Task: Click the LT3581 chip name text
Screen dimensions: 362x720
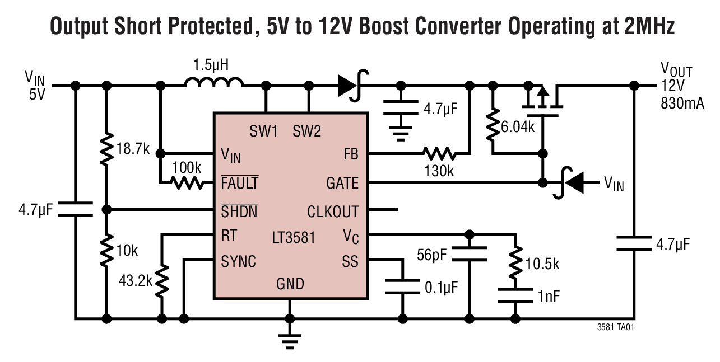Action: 293,237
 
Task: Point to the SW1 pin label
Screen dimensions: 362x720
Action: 263,132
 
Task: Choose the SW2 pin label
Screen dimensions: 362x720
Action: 307,132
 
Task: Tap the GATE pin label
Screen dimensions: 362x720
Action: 342,183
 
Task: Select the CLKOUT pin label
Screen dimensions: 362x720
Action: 333,211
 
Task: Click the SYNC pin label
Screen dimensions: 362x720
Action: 239,261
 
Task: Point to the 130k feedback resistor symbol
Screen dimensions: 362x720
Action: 439,153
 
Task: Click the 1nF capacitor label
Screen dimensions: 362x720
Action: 549,296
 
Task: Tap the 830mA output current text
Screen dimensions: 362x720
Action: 682,103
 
